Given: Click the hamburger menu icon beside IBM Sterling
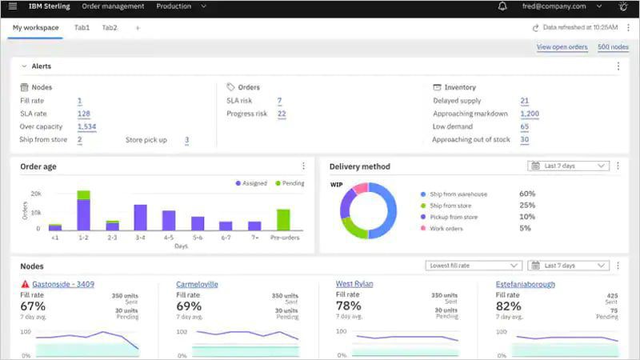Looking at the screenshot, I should tap(12, 6).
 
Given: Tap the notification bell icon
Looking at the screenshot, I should tap(502, 6).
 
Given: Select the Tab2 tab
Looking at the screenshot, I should tap(110, 28).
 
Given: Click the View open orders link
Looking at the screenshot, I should tap(562, 47).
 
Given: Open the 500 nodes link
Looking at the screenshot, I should tap(614, 47).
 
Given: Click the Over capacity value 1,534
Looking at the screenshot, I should tap(86, 126).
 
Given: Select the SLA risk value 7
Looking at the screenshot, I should tap(279, 101).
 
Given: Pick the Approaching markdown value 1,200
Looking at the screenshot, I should tap(529, 114).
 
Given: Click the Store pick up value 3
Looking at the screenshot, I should tap(186, 140).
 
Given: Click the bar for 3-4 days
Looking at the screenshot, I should tap(140, 218).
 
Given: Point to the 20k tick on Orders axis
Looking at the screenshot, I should tap(36, 194).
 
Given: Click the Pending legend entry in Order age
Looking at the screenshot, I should tap(289, 183).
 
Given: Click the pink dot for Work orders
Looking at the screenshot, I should tap(423, 228).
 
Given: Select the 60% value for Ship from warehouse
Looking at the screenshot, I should tap(526, 194).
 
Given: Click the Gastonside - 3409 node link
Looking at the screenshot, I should tap(63, 284).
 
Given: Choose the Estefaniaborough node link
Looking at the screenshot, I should tap(525, 284).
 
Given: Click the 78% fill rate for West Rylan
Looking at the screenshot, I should tap(348, 306).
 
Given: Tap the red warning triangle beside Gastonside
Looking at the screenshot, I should tap(25, 284).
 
